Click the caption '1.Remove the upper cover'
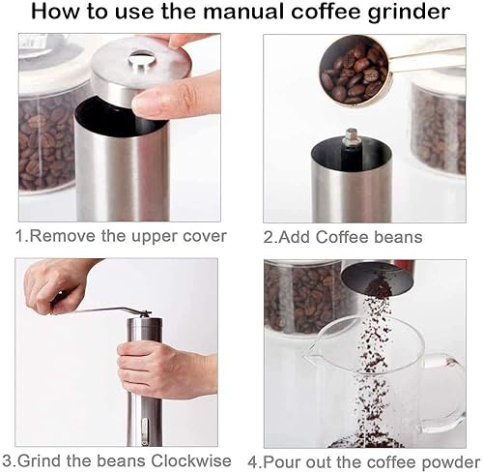point(120,236)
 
